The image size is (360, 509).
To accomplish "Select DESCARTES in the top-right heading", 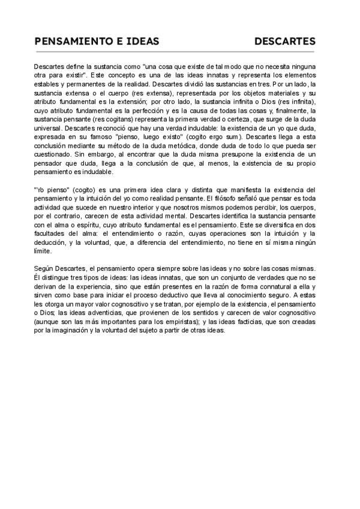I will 285,41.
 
